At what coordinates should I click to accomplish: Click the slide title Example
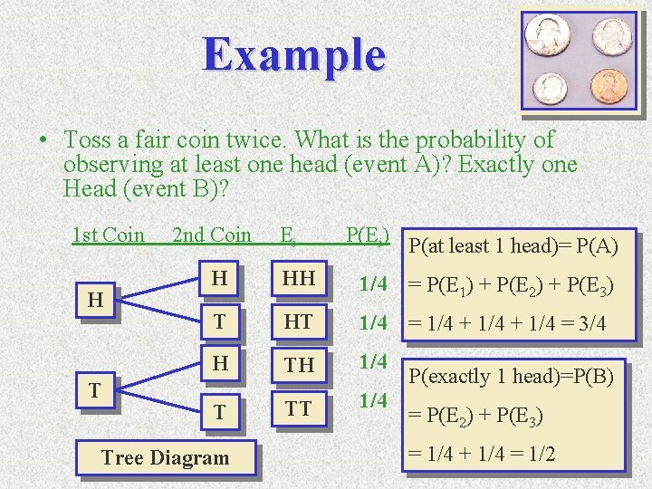tap(294, 54)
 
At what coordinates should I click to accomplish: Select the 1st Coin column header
tap(108, 235)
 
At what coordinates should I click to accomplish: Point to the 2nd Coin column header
tap(211, 235)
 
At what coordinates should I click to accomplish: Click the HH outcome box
tap(297, 282)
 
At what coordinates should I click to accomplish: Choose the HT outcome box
tap(297, 322)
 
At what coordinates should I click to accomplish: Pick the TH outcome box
tap(297, 364)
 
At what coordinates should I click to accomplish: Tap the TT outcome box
tap(297, 408)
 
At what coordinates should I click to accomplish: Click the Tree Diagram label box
tap(165, 457)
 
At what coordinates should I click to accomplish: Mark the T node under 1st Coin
tap(94, 390)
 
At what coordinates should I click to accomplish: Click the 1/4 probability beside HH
tap(373, 284)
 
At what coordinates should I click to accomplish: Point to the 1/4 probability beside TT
tap(373, 400)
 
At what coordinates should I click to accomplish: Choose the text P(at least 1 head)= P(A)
tap(513, 244)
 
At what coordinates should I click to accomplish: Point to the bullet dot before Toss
tap(43, 142)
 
